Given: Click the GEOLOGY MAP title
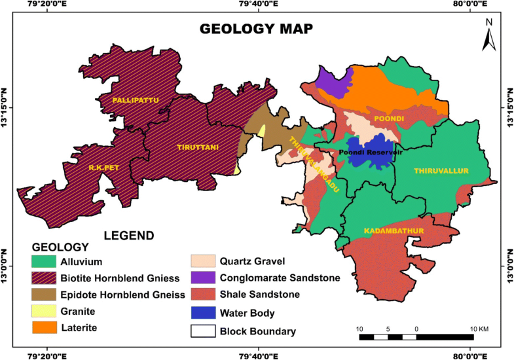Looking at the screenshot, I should point(256,29).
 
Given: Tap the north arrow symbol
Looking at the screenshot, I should point(488,35).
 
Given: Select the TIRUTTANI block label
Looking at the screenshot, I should point(196,148).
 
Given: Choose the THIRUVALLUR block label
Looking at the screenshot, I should point(441,171).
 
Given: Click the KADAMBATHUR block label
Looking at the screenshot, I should point(390,231).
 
